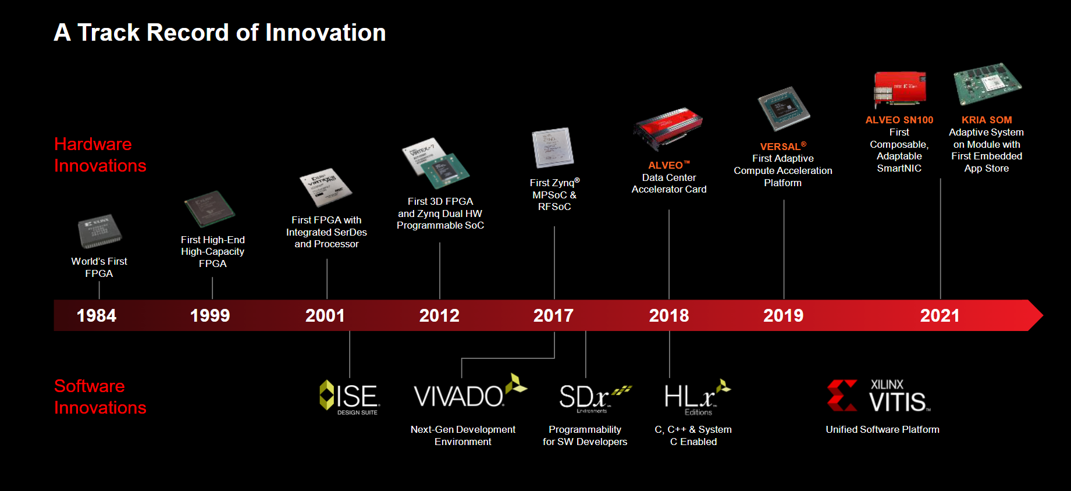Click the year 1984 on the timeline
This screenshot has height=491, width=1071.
97,316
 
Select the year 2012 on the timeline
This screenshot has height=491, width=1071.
439,316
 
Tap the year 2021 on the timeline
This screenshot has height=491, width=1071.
940,316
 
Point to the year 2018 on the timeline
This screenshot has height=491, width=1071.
669,316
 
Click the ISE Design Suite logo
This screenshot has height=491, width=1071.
350,397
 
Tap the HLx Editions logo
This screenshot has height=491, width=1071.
697,397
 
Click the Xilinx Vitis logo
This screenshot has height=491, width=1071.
878,396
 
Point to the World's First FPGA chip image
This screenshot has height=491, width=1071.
99,232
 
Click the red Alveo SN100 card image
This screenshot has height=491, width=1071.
899,88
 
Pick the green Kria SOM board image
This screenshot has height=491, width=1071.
987,84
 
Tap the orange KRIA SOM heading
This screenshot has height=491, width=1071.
987,120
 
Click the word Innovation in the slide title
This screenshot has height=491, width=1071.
326,33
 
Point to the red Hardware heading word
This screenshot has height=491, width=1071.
93,144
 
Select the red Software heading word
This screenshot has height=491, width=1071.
90,386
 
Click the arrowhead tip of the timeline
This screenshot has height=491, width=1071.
1043,315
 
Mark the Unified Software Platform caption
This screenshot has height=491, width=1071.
883,429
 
